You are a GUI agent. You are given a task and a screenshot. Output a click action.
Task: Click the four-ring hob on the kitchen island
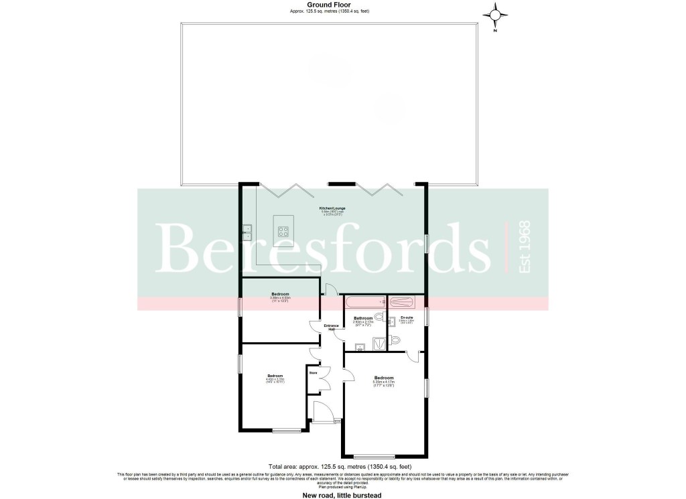[x=283, y=232]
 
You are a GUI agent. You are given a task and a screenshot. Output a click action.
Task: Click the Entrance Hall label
[x=332, y=328]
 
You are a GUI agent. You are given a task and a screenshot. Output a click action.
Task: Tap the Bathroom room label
[x=363, y=318]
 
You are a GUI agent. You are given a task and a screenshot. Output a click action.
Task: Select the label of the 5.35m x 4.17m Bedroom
[x=384, y=378]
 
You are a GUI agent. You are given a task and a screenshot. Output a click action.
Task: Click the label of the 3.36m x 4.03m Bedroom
[x=280, y=295]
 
